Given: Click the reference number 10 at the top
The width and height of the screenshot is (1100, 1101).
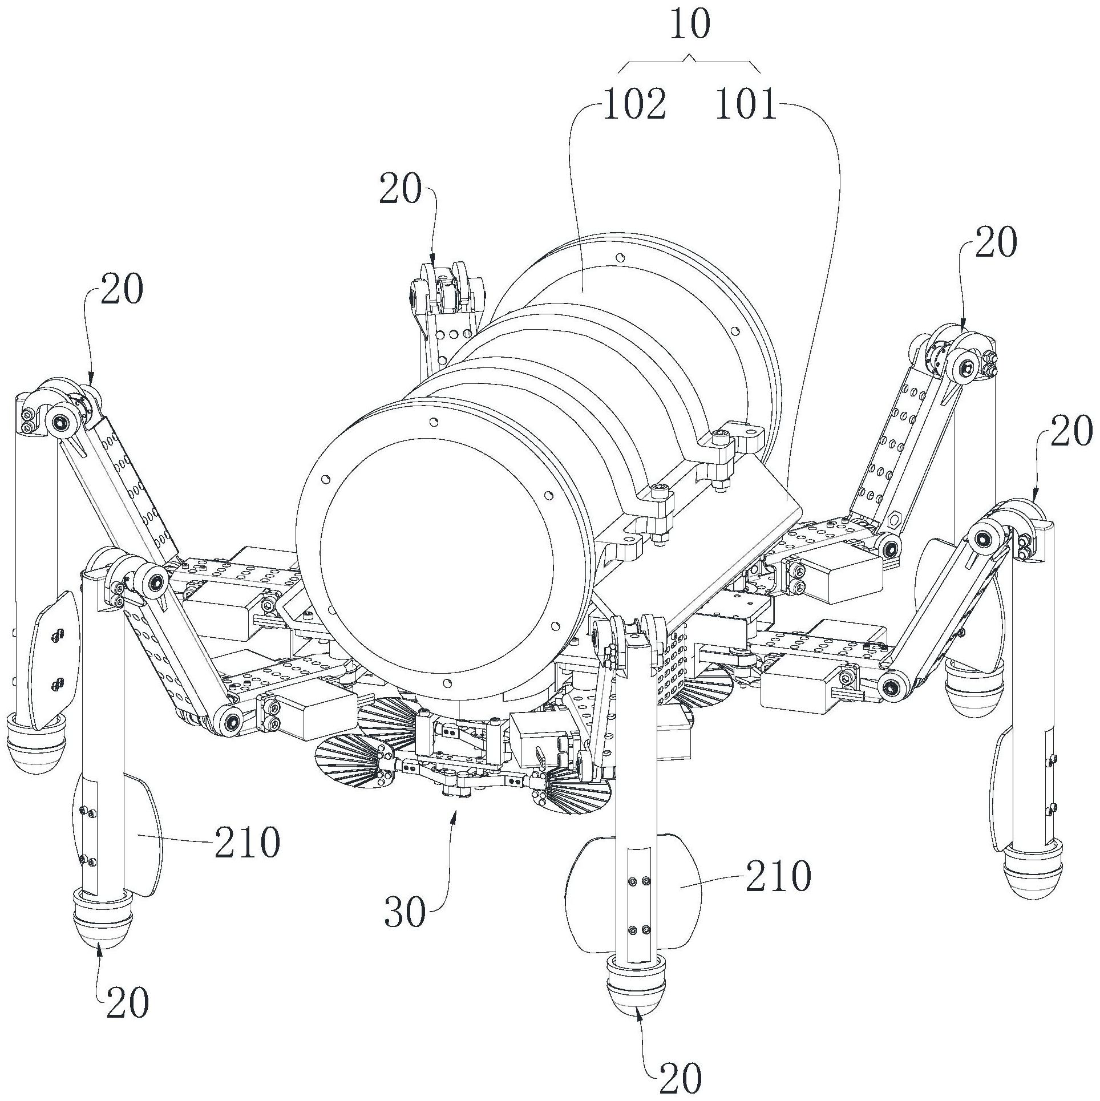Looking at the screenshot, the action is point(689,25).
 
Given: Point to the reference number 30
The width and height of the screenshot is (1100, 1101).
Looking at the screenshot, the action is point(405,913).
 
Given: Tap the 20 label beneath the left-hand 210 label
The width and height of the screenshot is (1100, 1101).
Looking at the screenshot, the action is point(127,1002).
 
